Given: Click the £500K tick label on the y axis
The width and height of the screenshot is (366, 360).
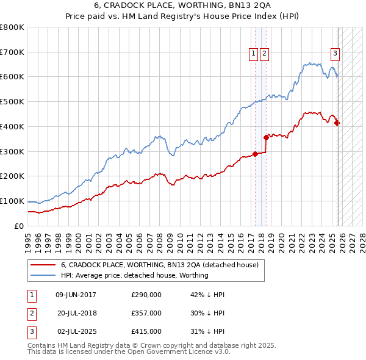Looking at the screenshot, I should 12,102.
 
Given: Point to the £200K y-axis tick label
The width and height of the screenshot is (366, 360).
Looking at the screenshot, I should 12,176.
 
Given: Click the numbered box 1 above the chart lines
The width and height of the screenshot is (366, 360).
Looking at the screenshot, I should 253,54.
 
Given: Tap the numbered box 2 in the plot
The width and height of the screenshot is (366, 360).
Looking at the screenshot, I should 264,54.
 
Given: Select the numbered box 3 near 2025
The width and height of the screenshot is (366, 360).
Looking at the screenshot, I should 335,54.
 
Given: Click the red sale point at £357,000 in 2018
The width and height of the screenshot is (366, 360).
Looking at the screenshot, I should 266,137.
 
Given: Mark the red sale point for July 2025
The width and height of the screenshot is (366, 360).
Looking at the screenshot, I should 337,123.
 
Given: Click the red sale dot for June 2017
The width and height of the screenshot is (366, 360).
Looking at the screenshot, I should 255,154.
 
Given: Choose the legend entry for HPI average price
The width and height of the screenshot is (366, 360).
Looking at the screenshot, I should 134,275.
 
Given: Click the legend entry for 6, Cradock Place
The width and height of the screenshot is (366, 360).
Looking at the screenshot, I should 160,265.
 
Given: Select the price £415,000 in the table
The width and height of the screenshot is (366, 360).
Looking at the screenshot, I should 146,331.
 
